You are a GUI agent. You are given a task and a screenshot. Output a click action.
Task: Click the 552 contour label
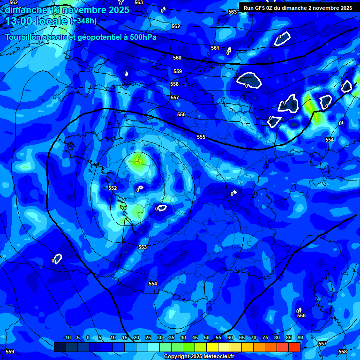pos(112,188)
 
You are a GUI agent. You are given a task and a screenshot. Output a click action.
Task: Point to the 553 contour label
pos(142,247)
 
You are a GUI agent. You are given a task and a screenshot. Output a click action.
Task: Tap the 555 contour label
pos(201,137)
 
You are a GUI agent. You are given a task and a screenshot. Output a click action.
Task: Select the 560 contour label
pos(177,58)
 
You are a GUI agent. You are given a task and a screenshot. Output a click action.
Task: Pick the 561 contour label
pos(215,48)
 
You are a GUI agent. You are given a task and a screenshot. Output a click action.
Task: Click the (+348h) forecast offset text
pos(83,21)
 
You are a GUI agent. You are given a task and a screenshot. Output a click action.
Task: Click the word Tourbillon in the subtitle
pos(23,37)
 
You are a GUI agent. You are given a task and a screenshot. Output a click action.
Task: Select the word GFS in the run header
pos(260,8)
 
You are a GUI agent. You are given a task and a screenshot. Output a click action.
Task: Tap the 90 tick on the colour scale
pos(300,337)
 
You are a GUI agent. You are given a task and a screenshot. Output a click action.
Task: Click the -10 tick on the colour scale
pos(67,337)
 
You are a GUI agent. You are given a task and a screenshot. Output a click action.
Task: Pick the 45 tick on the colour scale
pos(195,337)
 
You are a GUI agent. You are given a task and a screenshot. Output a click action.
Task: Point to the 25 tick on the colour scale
pos(148,337)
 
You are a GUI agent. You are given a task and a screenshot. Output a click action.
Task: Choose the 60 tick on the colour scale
pos(230,337)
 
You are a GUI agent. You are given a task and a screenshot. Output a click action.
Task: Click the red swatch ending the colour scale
pos(294,347)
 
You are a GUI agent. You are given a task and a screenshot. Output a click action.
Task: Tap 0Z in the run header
pos(272,8)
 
